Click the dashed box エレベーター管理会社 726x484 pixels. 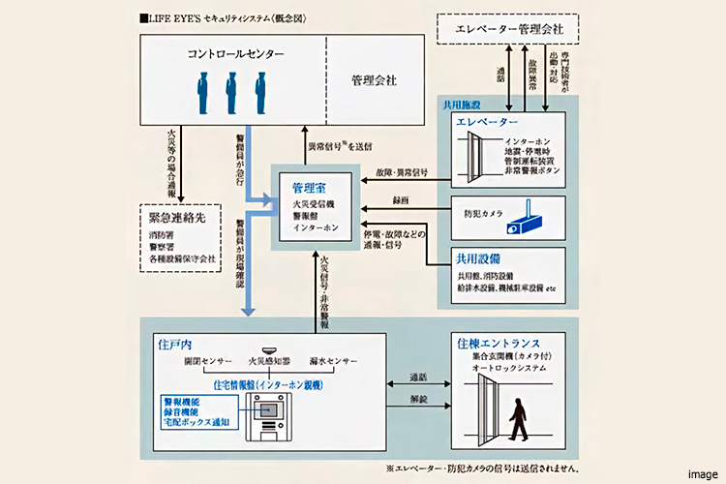(508, 30)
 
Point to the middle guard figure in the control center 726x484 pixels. (230, 94)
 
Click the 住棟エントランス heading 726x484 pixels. (500, 343)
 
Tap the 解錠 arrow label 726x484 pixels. (416, 399)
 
